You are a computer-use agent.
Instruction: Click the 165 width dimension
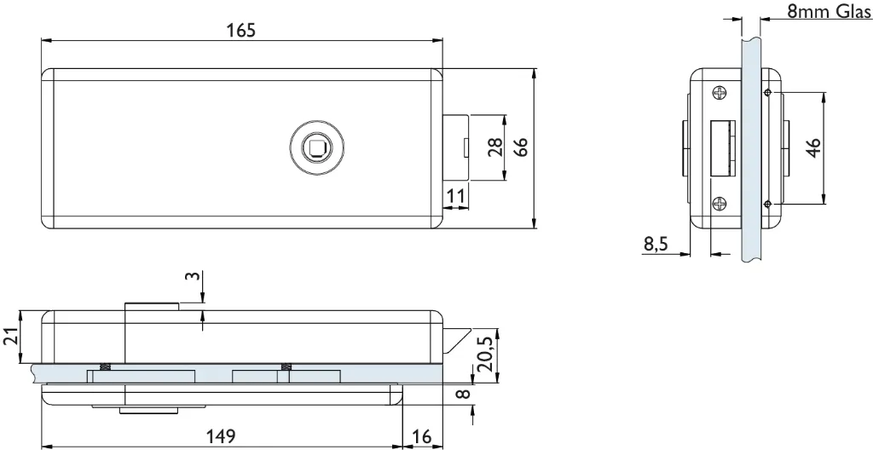(x=241, y=30)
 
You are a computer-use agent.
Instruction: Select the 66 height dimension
(x=520, y=147)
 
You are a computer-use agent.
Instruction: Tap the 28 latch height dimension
(x=495, y=147)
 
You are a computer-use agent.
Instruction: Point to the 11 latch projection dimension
(x=455, y=195)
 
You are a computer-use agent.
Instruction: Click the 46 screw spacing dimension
(x=812, y=147)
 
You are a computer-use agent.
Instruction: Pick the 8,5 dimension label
(x=656, y=244)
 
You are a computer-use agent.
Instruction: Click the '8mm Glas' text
(x=829, y=10)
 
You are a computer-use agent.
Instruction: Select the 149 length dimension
(x=221, y=436)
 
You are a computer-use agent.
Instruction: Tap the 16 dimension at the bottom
(x=422, y=436)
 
